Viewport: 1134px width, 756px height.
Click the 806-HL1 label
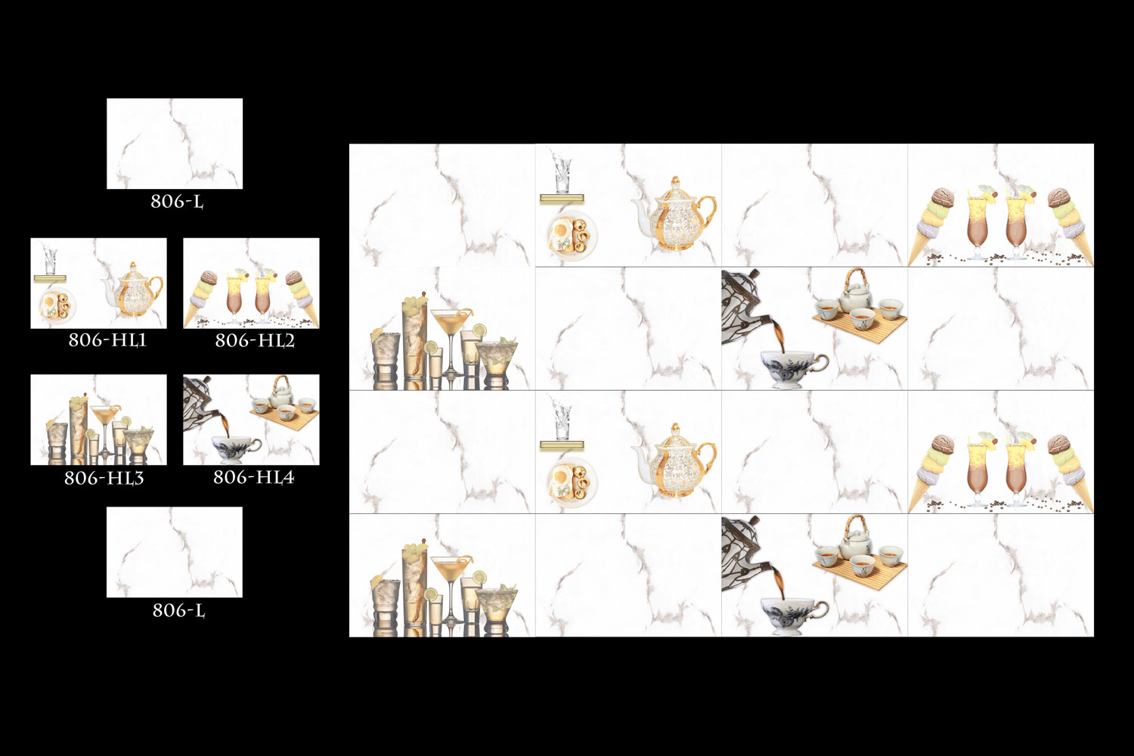pos(107,339)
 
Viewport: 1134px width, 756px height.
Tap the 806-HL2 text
pos(255,340)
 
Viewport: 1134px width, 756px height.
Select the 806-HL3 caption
pos(104,478)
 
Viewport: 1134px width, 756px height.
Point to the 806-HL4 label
pos(253,477)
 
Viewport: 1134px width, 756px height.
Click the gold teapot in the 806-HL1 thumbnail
pos(134,290)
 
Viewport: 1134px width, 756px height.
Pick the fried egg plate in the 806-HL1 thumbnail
pos(56,305)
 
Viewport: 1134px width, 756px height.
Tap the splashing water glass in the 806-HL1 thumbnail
pos(50,261)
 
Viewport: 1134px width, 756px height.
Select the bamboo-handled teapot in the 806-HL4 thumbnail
pos(281,392)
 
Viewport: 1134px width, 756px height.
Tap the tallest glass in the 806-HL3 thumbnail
pos(79,429)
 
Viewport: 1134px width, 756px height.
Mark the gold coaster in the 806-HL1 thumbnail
pos(50,278)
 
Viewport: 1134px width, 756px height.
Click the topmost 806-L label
pos(177,202)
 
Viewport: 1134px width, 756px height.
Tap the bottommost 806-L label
pos(178,611)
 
